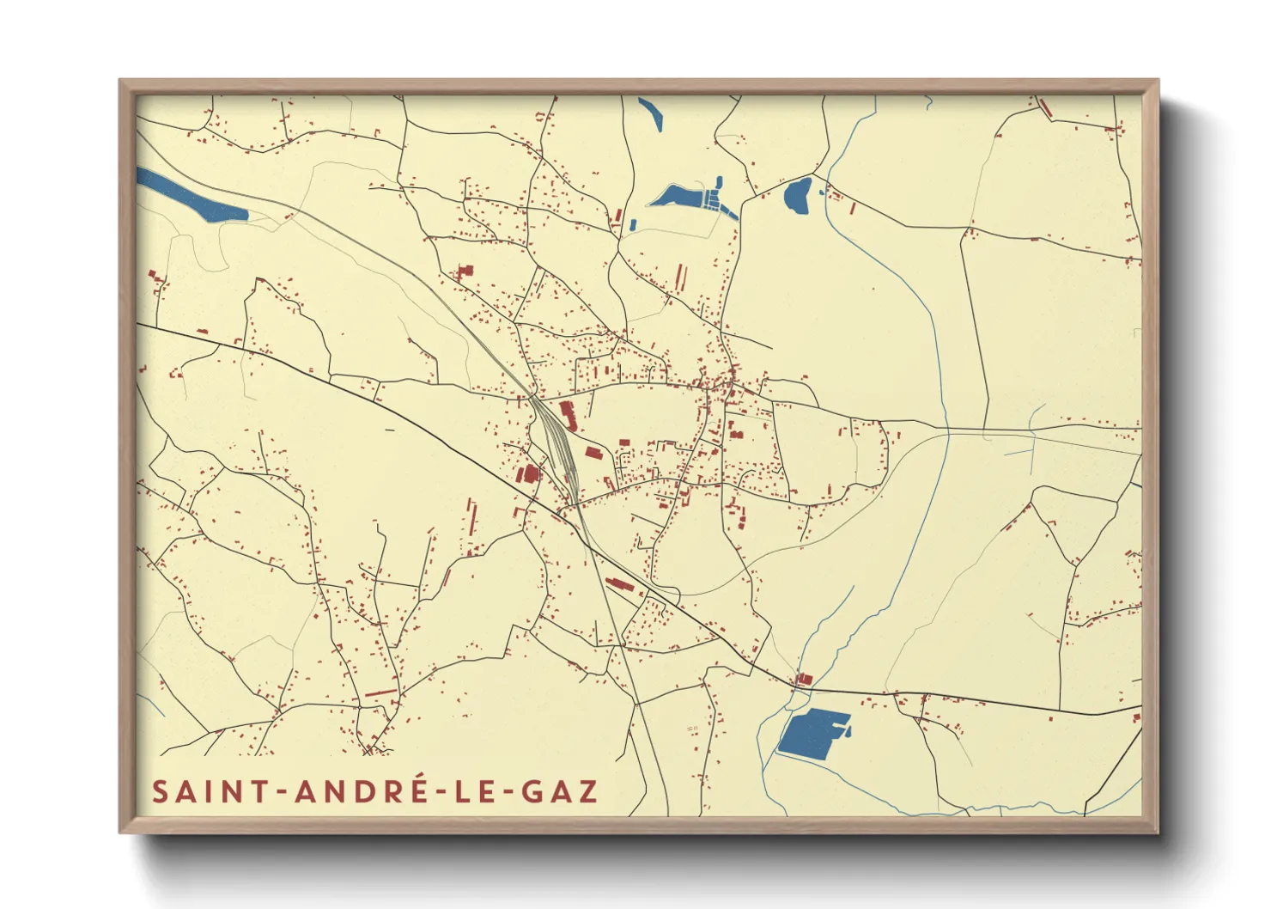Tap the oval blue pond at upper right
798,197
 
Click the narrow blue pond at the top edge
651,113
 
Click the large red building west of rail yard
528,473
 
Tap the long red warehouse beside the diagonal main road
619,585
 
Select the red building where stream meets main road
804,679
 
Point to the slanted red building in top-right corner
1044,108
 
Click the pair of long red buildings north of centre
680,276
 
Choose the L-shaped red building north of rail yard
568,413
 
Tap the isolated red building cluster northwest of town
465,272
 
